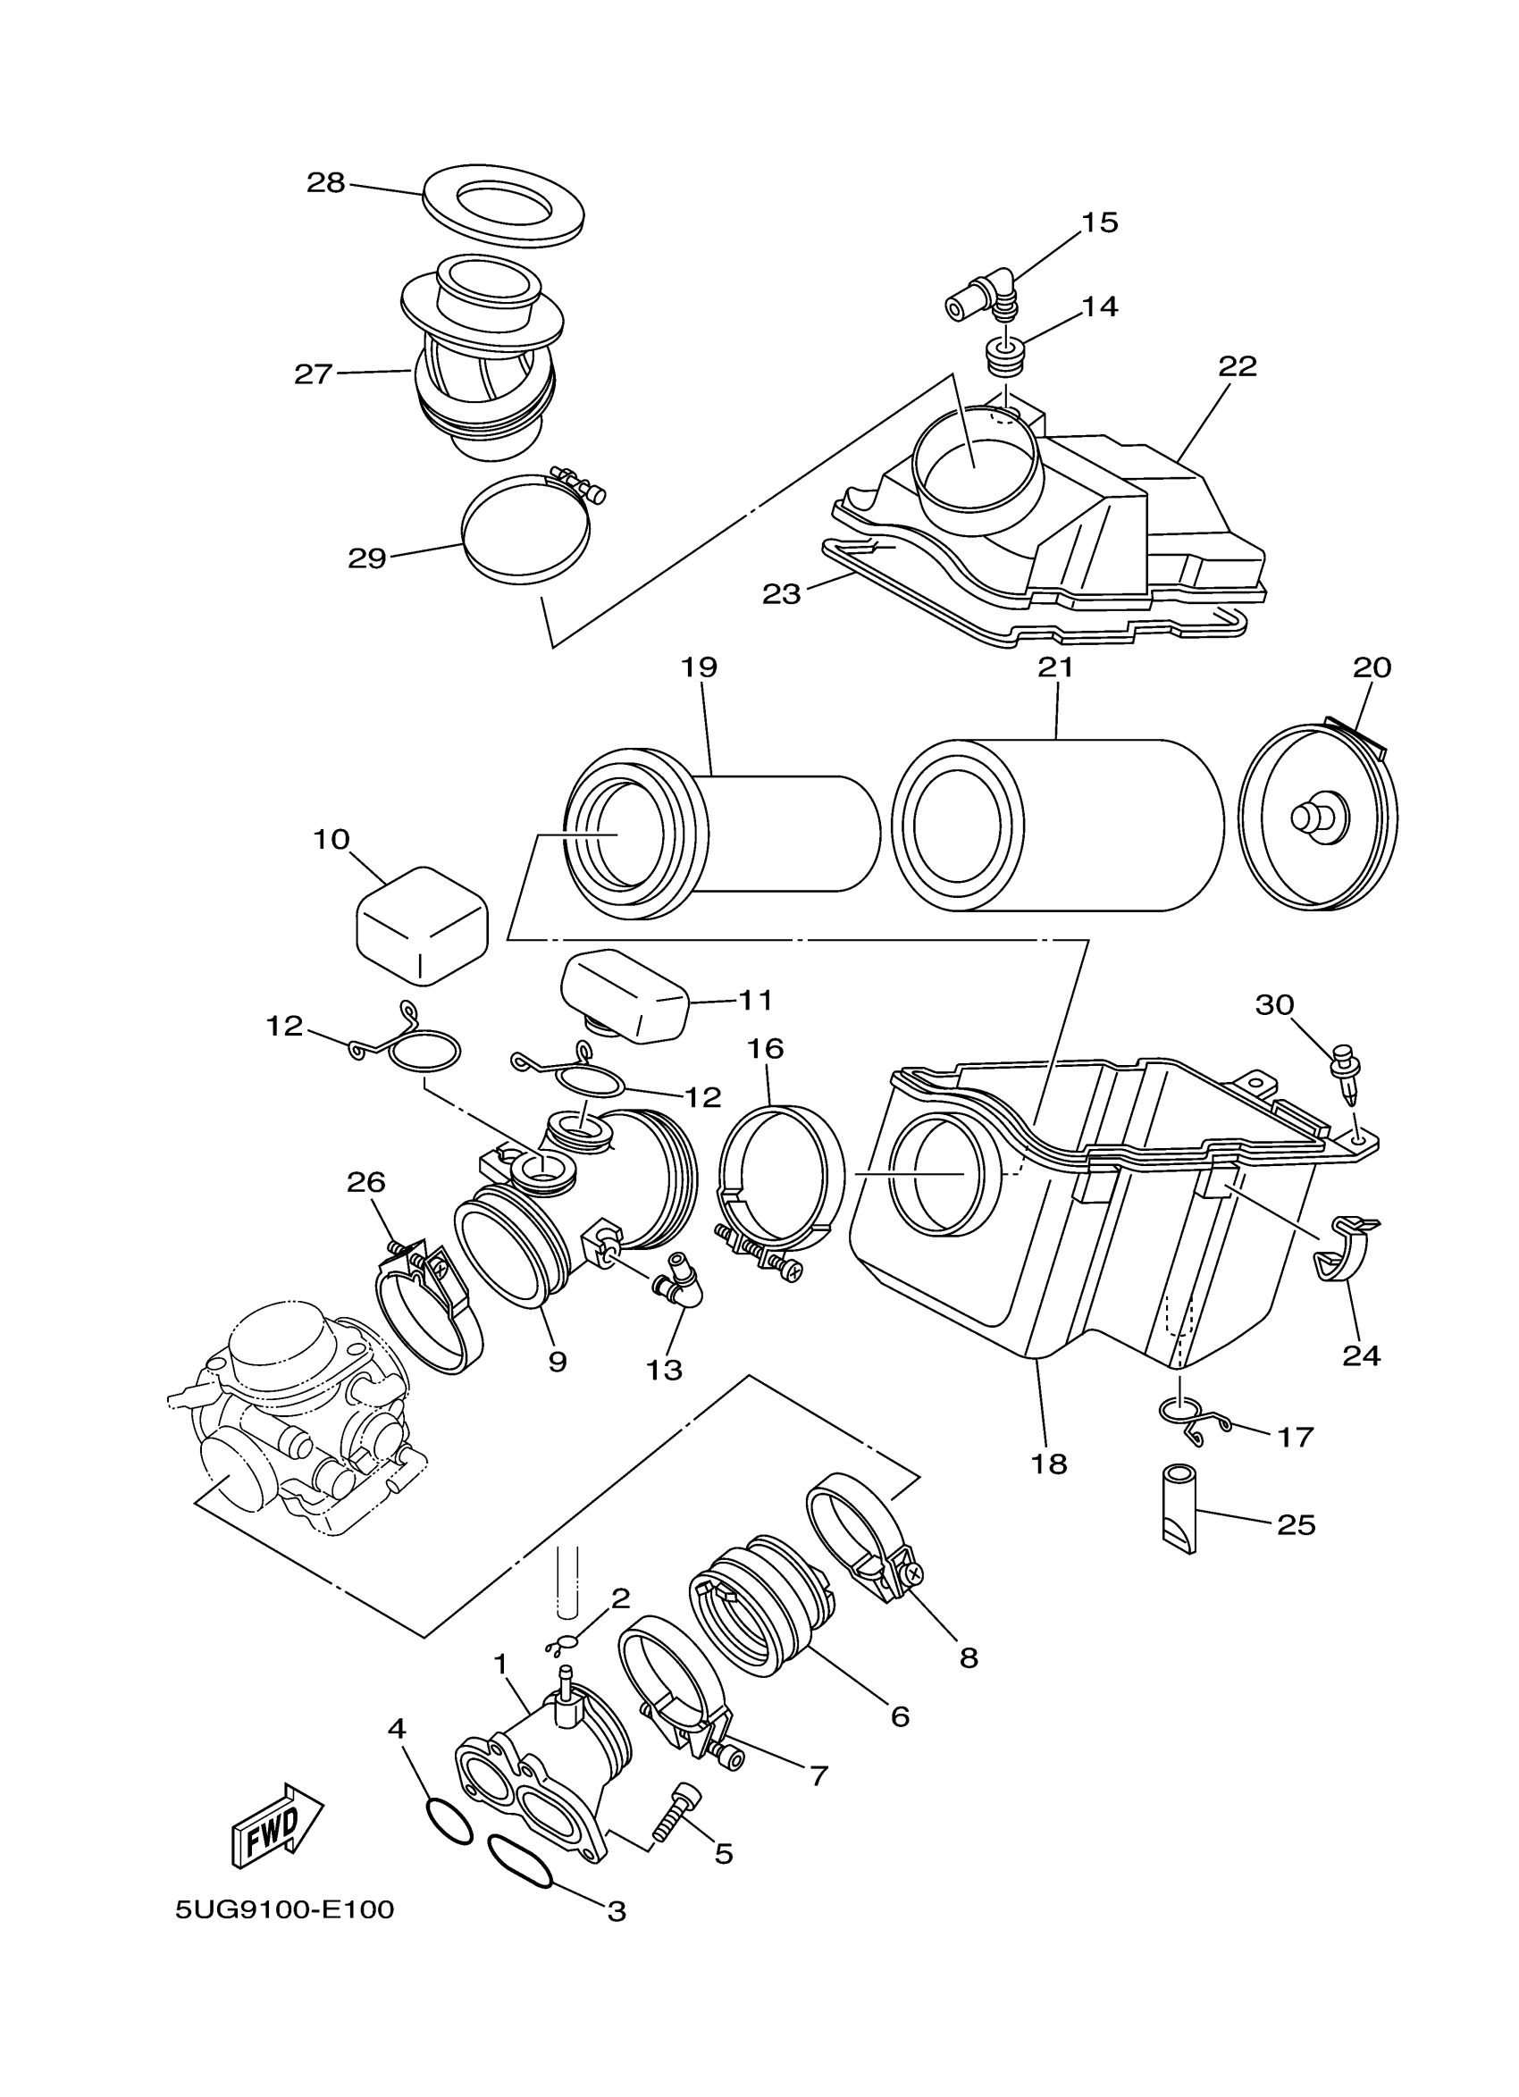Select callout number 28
pyautogui.click(x=325, y=183)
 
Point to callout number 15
pyautogui.click(x=1099, y=222)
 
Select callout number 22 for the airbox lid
pyautogui.click(x=1237, y=367)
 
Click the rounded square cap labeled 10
pyautogui.click(x=422, y=925)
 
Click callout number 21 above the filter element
pyautogui.click(x=1055, y=667)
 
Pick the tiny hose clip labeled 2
pyautogui.click(x=563, y=1644)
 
